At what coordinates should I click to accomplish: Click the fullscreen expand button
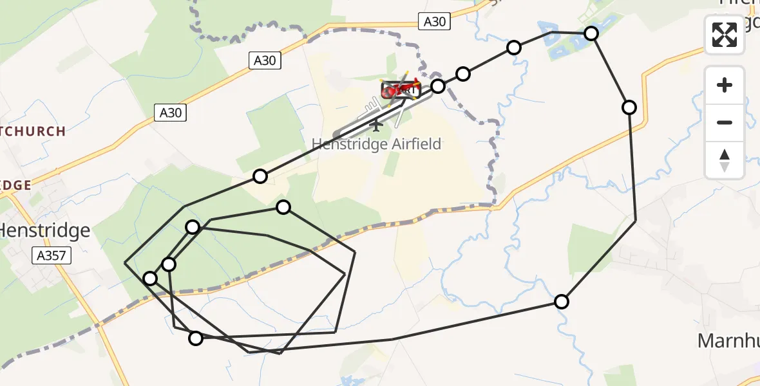(725, 35)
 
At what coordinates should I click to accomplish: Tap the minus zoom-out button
(725, 122)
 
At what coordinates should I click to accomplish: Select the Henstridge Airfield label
(377, 144)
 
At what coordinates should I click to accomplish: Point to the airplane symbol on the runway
(377, 124)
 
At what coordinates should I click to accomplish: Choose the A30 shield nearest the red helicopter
(433, 22)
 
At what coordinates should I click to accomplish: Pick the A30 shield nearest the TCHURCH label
(171, 113)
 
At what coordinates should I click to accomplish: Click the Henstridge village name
(44, 230)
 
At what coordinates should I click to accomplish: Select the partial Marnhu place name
(728, 340)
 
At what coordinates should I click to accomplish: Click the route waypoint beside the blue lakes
(591, 33)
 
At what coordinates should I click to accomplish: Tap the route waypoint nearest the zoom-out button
(629, 107)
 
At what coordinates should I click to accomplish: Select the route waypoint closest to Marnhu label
(562, 301)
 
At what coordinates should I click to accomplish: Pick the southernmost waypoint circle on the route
(196, 338)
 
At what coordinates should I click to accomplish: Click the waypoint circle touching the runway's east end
(438, 86)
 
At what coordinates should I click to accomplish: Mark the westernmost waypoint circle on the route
(150, 278)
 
